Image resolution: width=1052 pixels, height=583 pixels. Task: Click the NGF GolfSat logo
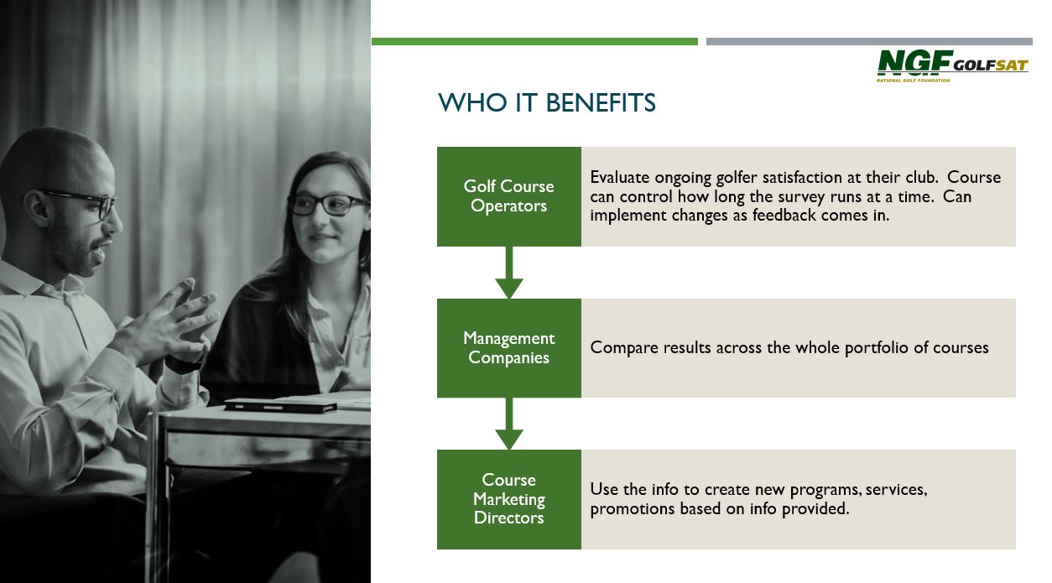click(952, 66)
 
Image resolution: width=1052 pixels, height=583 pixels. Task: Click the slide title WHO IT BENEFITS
click(547, 103)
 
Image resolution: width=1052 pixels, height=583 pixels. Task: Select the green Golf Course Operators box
click(509, 196)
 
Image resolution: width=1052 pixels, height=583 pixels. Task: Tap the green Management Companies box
click(509, 348)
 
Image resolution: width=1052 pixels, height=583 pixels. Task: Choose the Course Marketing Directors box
click(509, 499)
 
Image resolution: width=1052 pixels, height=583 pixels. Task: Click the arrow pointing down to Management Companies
click(509, 273)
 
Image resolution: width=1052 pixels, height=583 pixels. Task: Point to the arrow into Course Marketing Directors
click(509, 424)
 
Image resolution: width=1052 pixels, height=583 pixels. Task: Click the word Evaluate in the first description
click(620, 178)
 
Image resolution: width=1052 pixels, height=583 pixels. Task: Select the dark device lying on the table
click(280, 405)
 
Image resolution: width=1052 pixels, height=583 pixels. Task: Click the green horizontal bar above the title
click(534, 42)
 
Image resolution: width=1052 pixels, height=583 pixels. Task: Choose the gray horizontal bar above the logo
click(869, 42)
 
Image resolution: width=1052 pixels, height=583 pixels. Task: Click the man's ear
click(35, 206)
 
